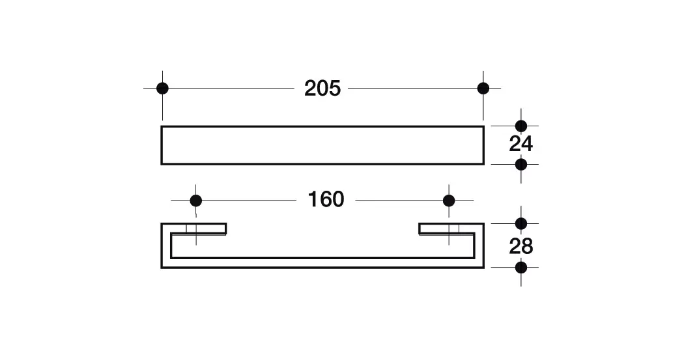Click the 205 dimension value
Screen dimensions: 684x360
(x=322, y=89)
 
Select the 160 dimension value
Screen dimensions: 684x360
(x=326, y=200)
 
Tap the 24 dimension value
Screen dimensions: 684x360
(x=521, y=145)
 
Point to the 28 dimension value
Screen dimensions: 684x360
(x=521, y=247)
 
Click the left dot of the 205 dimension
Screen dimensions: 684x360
(x=162, y=89)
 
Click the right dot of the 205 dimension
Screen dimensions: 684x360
(x=483, y=89)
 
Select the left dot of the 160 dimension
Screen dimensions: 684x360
(x=196, y=201)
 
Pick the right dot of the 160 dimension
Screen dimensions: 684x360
(x=449, y=201)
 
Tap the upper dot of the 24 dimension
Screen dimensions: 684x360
(x=521, y=126)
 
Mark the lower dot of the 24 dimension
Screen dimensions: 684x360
(x=521, y=164)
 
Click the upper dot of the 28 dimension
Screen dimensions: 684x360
(x=521, y=223)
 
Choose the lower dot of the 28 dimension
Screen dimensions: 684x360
(x=521, y=267)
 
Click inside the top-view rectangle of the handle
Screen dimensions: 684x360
(x=322, y=145)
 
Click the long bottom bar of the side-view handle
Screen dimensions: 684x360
(x=322, y=263)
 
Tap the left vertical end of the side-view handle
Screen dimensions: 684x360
(x=165, y=245)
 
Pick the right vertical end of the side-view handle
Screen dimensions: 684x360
(x=479, y=245)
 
